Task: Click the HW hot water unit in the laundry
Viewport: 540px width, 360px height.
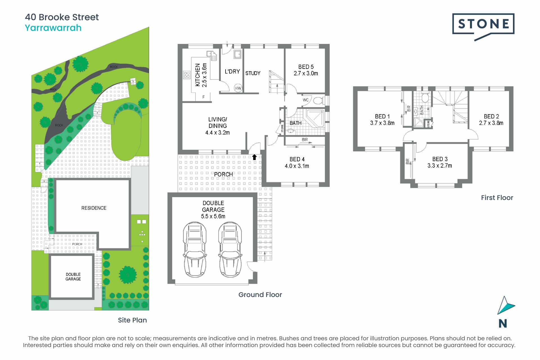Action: tap(238, 88)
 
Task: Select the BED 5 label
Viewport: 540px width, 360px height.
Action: tap(306, 67)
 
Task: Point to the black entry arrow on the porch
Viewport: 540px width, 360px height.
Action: tap(254, 157)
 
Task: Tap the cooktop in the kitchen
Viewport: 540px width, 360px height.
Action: tap(187, 75)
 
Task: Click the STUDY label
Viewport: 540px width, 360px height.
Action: tap(253, 73)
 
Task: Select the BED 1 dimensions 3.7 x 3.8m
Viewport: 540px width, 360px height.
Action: tap(382, 123)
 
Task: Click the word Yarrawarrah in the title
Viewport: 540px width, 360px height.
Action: tap(53, 28)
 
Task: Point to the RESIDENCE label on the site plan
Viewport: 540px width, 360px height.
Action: tap(94, 208)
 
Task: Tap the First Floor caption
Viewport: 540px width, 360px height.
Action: tap(497, 198)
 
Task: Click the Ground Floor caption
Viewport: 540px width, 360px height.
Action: tap(260, 295)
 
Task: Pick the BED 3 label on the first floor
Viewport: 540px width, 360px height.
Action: tap(440, 159)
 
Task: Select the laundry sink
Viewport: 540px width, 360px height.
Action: tap(237, 54)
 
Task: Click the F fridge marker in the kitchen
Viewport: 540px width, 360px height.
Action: tap(204, 97)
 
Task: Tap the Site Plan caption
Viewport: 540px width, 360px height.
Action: tap(132, 320)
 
